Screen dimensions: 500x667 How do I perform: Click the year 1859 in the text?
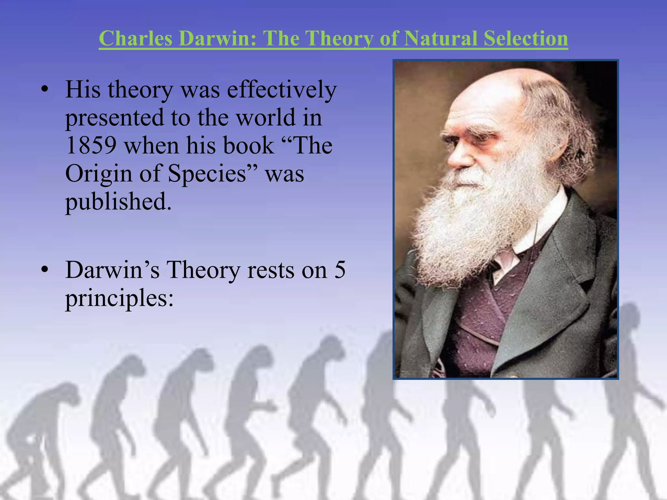91,145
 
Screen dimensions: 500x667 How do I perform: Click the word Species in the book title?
206,174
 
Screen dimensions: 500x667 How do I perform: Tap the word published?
118,202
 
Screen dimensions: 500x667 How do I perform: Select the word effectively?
281,89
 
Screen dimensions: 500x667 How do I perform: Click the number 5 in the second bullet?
340,270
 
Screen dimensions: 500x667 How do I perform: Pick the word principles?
119,298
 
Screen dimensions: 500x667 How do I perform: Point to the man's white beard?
472,221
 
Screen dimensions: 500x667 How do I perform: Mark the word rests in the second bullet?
271,270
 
